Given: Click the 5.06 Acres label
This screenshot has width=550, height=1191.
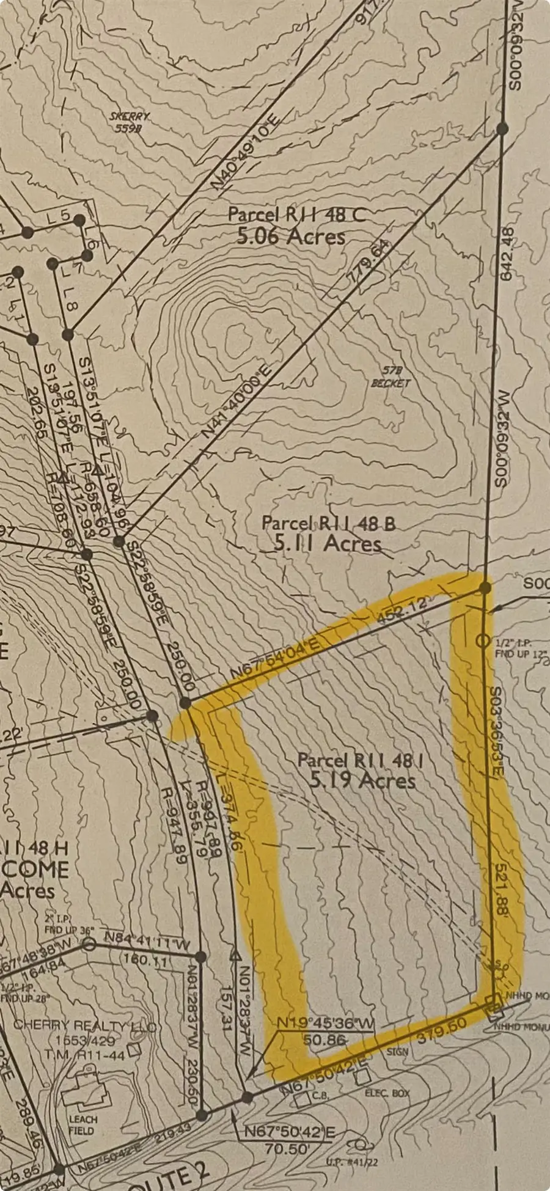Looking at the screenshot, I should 291,236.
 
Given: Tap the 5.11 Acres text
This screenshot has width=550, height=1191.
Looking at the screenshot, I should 328,543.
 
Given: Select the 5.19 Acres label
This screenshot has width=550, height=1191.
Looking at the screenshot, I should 362,780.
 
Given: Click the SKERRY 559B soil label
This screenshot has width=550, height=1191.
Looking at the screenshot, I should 130,122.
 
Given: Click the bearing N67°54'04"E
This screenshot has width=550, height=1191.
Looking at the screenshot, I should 274,658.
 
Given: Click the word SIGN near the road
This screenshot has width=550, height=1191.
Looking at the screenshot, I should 397,1052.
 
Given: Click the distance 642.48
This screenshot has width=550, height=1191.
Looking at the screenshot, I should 507,254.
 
